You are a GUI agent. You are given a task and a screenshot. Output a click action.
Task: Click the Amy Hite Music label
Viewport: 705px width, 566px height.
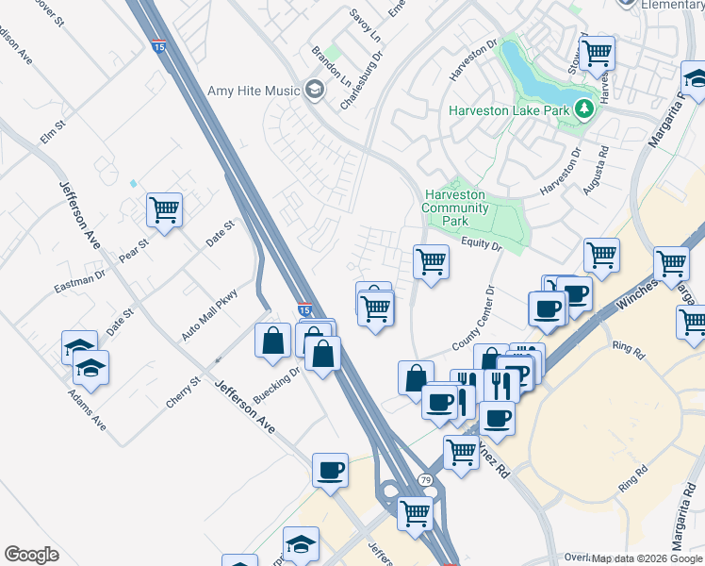[x=254, y=91]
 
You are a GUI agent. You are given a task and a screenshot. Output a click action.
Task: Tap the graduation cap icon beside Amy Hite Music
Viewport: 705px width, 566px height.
[x=314, y=91]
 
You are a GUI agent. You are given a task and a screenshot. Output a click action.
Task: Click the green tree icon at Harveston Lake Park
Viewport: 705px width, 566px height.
[x=584, y=109]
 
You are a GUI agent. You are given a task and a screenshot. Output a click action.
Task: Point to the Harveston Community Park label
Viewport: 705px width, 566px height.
[x=454, y=208]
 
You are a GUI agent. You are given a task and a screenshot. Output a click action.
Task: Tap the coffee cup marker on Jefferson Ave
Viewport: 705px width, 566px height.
[x=330, y=469]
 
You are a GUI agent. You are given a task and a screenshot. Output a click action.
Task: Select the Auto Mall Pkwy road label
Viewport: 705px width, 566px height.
[x=208, y=315]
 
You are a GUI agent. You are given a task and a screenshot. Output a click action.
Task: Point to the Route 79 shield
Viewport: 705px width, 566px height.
[x=426, y=481]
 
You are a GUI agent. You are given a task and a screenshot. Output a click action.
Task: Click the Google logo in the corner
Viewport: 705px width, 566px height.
[x=31, y=555]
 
